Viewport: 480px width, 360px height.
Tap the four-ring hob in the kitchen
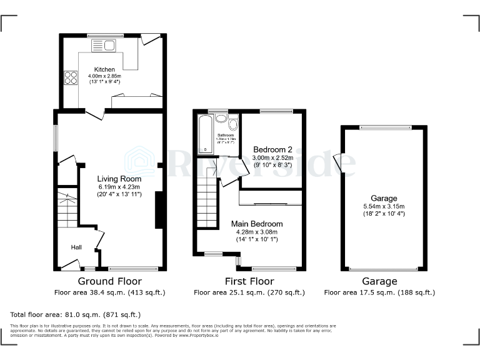point(69,78)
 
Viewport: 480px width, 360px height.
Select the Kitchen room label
point(104,69)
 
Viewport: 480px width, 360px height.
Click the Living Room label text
point(119,178)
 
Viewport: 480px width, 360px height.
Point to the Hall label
point(76,247)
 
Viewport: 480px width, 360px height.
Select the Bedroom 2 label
point(272,150)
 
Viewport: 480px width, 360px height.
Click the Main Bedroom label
point(257,224)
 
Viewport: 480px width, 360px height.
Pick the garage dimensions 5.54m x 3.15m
point(384,206)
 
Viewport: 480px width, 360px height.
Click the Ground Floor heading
point(109,281)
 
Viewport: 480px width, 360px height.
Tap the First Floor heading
point(249,281)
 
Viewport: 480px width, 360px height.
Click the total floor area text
point(76,314)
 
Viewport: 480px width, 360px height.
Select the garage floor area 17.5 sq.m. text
point(379,292)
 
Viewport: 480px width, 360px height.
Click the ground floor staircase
point(67,209)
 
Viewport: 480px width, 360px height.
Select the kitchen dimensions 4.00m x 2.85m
point(104,76)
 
